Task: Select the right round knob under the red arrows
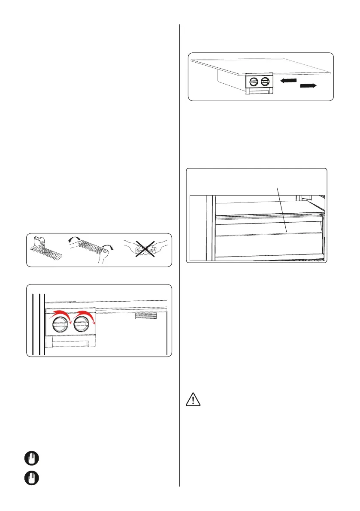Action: [x=82, y=325]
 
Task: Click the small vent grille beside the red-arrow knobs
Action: [x=146, y=315]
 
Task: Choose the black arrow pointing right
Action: [x=308, y=86]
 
